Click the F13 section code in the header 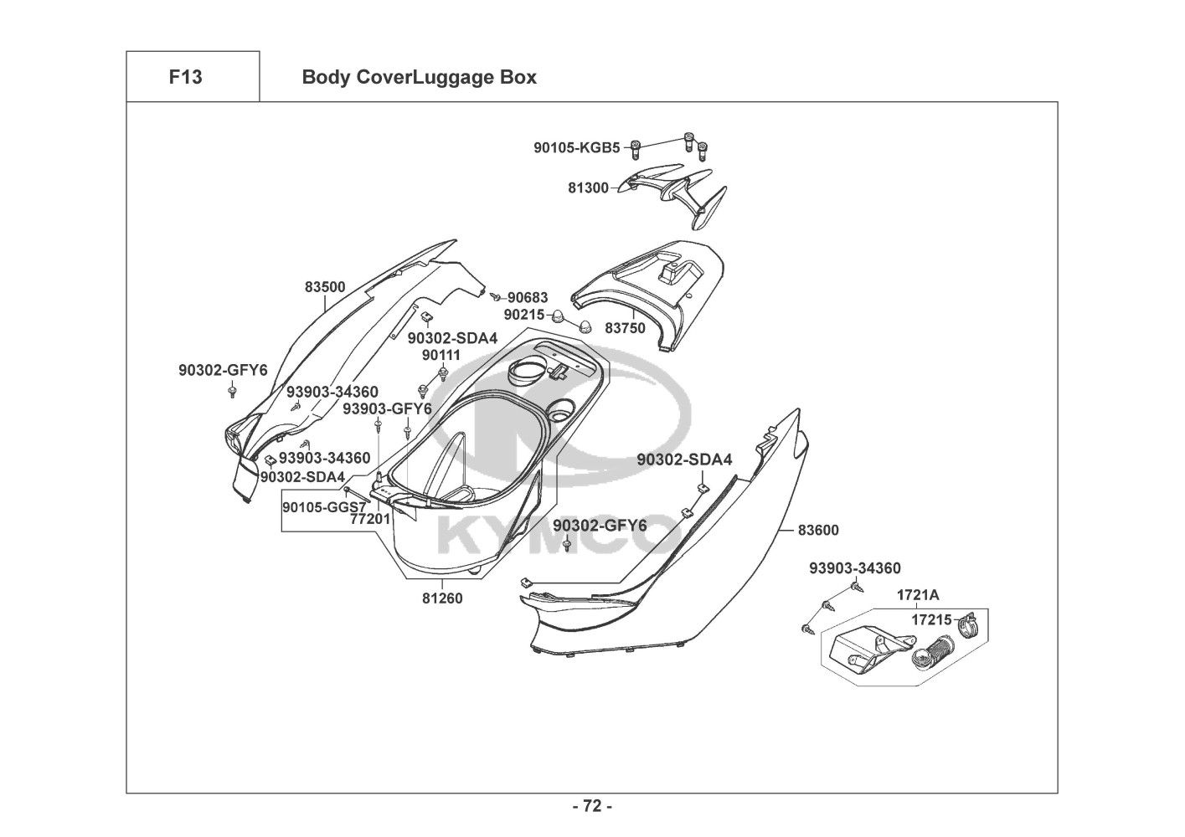tap(185, 77)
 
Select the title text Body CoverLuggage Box tap(419, 78)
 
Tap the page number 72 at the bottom tap(593, 806)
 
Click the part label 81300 tap(588, 187)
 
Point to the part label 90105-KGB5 tap(577, 147)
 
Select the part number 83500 tap(325, 287)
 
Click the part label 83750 tap(626, 328)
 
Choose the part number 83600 tap(818, 530)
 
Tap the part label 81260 tap(442, 598)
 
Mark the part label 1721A tap(918, 595)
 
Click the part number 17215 tap(931, 619)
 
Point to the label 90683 tap(528, 298)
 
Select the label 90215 tap(524, 315)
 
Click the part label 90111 tap(441, 356)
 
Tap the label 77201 tap(370, 519)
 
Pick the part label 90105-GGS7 tap(324, 507)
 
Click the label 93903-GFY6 tap(387, 408)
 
